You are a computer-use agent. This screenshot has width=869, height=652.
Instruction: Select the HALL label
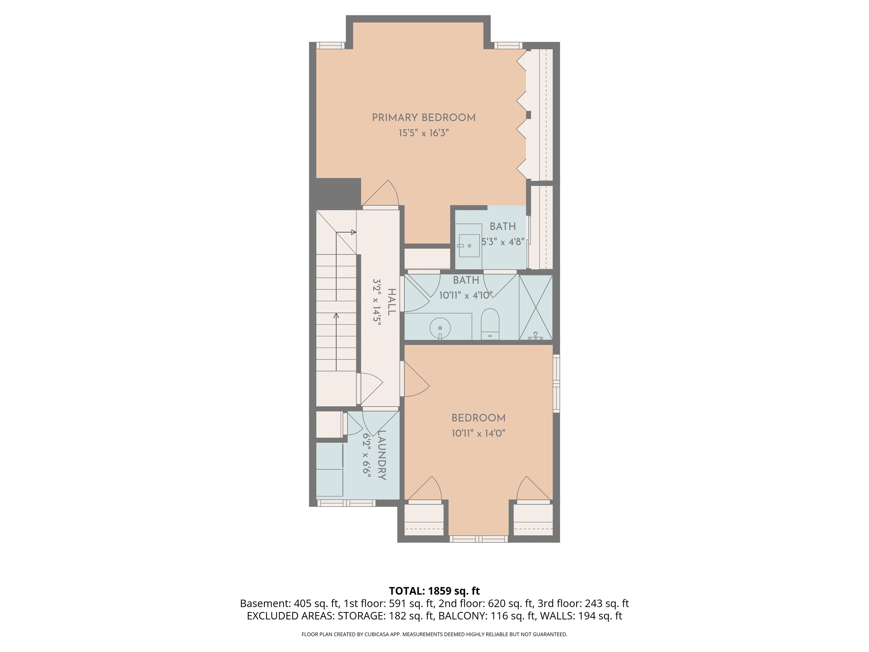pyautogui.click(x=391, y=302)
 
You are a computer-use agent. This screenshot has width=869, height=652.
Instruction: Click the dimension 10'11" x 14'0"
pyautogui.click(x=478, y=434)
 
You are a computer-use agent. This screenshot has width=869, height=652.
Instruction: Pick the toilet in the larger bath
pyautogui.click(x=490, y=323)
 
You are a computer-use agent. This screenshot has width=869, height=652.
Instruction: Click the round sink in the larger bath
pyautogui.click(x=440, y=328)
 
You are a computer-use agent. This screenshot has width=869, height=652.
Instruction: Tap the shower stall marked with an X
pyautogui.click(x=535, y=307)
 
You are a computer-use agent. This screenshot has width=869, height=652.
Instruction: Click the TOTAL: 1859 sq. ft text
pyautogui.click(x=434, y=591)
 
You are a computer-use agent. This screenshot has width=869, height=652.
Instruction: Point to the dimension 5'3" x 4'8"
pyautogui.click(x=503, y=242)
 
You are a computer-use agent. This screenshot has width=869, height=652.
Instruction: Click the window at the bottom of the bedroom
pyautogui.click(x=479, y=539)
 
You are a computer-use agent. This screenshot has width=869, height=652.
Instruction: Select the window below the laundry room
pyautogui.click(x=346, y=503)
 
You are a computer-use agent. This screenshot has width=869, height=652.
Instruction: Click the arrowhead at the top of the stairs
pyautogui.click(x=354, y=232)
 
